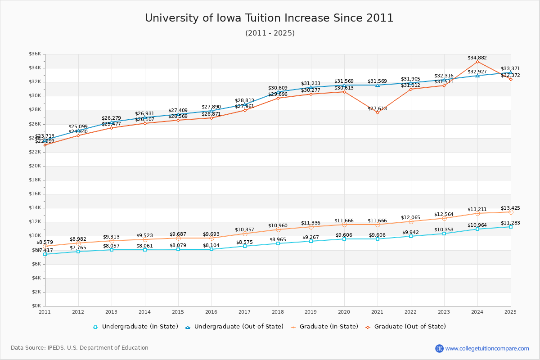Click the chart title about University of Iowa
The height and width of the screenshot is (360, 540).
pos(269,18)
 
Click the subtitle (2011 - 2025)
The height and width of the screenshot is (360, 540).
pos(270,33)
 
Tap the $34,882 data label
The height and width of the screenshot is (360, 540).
pos(477,58)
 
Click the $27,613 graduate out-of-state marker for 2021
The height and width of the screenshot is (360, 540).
pos(378,112)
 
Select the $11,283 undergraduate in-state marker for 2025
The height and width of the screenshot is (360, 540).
pos(511,227)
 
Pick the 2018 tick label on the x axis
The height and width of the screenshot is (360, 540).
pos(278,311)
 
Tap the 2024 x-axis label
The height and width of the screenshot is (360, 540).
pos(477,311)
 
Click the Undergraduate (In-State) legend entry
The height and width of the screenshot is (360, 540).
pos(135,327)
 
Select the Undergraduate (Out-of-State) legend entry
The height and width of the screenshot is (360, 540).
pos(234,327)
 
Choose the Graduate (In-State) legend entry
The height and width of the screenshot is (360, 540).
pos(324,327)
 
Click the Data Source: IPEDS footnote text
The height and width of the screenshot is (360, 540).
pos(80,348)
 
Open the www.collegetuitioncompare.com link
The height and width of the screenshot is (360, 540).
pos(487,348)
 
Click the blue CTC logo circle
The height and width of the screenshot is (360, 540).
pos(439,348)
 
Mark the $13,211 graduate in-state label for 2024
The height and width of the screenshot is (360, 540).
pos(477,210)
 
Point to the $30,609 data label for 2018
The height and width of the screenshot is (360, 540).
pos(278,88)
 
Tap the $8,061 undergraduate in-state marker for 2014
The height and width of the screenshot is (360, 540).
pos(145,250)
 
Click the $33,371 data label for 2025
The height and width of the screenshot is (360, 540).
pos(510,69)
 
